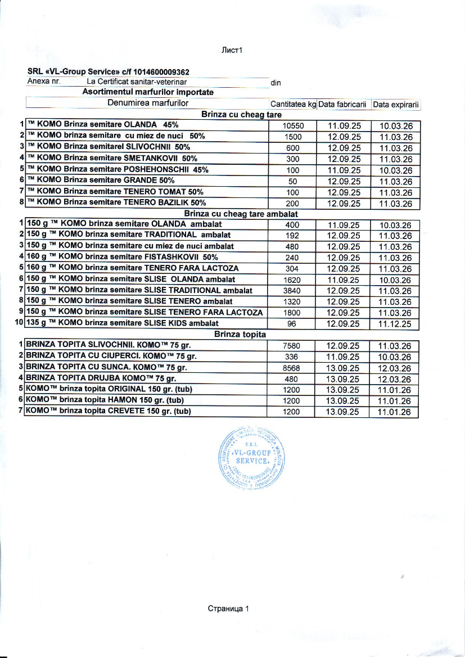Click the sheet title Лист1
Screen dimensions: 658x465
(x=232, y=51)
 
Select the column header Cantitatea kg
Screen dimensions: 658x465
(x=293, y=105)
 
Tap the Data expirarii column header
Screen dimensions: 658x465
(x=396, y=105)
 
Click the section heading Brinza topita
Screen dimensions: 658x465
(x=240, y=335)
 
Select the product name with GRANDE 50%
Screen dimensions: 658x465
(x=101, y=181)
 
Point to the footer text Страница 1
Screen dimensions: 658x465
(x=228, y=609)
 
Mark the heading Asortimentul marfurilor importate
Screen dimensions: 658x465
(x=148, y=92)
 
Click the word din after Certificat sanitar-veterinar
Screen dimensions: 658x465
(x=276, y=83)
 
